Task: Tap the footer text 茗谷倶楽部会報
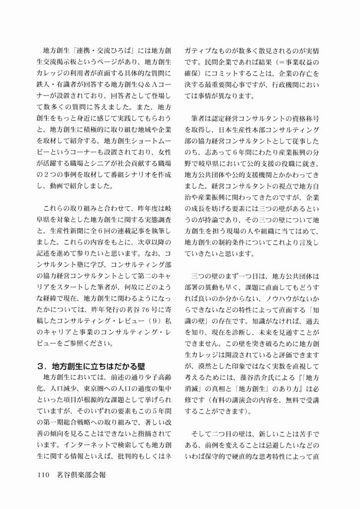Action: pyautogui.click(x=80, y=475)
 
